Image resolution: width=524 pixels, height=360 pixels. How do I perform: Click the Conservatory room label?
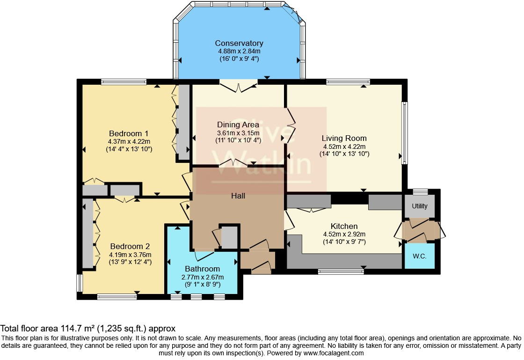[239, 43]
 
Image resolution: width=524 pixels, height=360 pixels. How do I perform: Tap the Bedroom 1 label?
[129, 133]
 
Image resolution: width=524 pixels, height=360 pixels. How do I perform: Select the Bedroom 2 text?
[130, 246]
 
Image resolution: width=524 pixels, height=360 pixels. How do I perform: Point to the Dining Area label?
[238, 125]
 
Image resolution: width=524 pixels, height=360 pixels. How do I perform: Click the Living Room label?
[344, 139]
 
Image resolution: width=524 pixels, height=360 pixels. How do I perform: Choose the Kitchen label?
[344, 226]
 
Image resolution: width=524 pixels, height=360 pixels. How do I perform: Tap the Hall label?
[238, 196]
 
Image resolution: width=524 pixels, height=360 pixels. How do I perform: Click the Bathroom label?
[203, 269]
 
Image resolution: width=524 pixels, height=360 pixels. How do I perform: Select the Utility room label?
[419, 206]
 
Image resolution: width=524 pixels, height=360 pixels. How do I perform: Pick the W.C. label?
[419, 256]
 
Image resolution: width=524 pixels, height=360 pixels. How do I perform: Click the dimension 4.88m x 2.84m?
[239, 51]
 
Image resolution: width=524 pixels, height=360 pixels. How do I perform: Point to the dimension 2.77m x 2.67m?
[203, 277]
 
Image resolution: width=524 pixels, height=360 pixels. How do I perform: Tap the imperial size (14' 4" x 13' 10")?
[129, 149]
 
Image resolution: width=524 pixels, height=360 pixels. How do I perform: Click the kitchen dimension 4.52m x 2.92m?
[344, 235]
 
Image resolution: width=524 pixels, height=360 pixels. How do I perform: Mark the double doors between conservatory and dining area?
[239, 86]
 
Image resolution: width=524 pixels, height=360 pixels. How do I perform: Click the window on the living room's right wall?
[404, 133]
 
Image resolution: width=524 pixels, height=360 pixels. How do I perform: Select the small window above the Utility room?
[420, 191]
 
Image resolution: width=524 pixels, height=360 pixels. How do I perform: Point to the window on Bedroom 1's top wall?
[124, 81]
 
